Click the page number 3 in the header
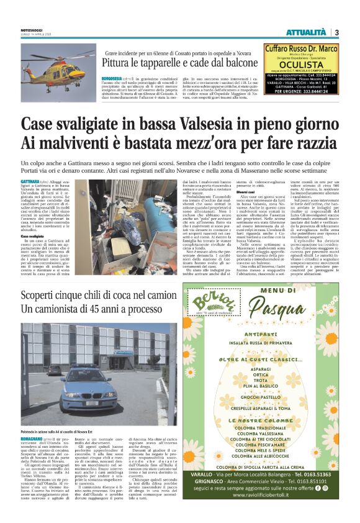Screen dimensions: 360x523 (337, 32)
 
